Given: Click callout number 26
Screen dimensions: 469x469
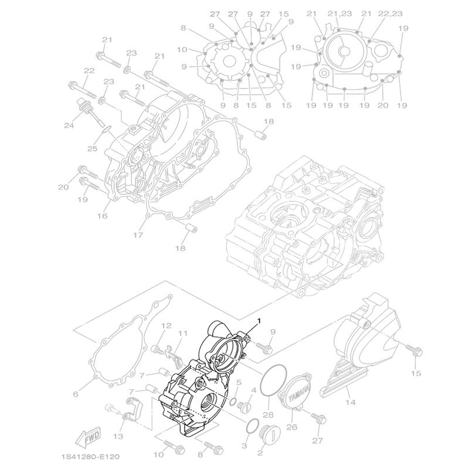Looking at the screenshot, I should point(292,426).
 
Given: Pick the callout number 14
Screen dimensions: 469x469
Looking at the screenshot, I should point(351,402).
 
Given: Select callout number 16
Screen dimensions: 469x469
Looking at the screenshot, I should point(103,215).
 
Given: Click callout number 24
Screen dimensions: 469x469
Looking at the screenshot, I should point(69,125).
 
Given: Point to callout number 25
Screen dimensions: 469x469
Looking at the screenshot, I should point(93,148).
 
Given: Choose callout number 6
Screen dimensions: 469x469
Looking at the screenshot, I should point(75,394).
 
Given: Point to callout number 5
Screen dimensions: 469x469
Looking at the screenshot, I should point(239,383).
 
